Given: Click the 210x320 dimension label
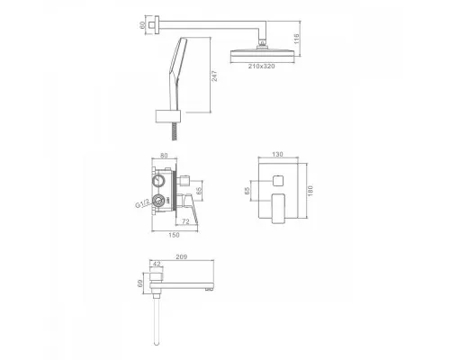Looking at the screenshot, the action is tap(261, 67).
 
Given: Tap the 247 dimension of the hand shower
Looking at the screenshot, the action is tap(214, 76).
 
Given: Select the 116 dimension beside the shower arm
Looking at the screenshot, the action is tap(297, 38).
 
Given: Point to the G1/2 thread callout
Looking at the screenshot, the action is tap(142, 203).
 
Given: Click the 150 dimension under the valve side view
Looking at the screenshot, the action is tap(174, 235).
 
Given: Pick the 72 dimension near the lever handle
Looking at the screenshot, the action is tap(185, 221).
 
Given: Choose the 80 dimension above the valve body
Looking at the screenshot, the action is tap(164, 156).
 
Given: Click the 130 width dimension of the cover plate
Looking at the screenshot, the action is tap(277, 155).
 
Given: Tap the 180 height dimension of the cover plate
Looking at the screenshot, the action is tap(310, 191).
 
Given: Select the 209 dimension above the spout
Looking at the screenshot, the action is tap(181, 256).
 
